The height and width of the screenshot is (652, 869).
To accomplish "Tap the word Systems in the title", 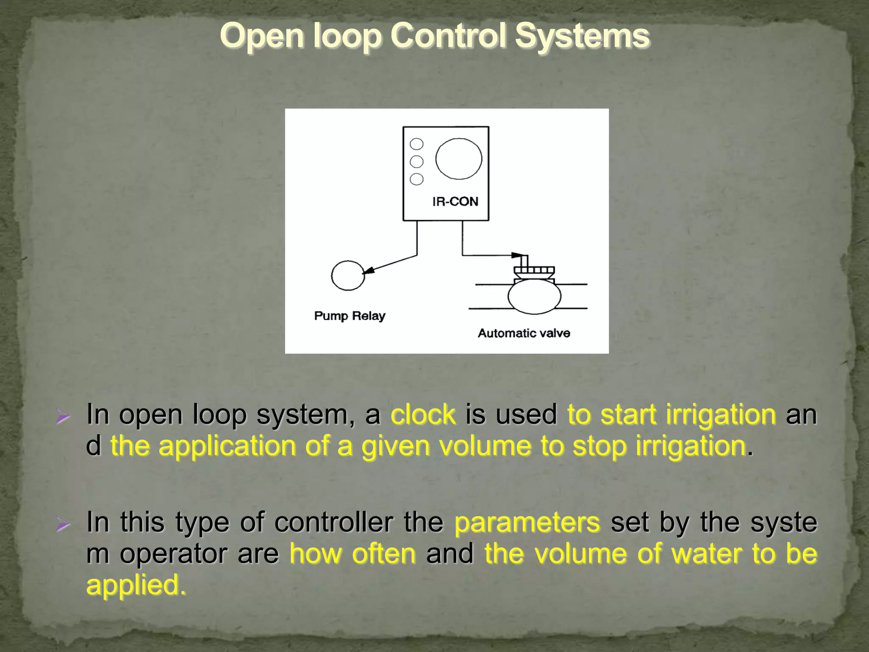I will pos(582,36).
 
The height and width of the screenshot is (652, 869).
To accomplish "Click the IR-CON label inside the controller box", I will pos(455,201).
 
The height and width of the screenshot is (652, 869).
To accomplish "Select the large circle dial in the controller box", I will pos(459,159).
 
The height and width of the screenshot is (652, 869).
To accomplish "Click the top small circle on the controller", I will pos(417,144).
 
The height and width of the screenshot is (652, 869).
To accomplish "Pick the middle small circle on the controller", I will pos(417,162).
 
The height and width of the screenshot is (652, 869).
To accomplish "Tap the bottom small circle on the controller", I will pos(417,179).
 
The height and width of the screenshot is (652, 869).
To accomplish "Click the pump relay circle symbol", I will pos(348,275).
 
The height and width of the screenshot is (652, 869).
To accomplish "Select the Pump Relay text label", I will pos(350,316).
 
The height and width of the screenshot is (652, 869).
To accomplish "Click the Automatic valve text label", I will pos(524,333).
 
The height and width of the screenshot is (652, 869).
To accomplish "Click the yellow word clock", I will pos(423,414).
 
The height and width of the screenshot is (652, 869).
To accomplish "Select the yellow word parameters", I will pos(527,522).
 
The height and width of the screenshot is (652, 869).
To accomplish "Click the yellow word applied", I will pos(136,585).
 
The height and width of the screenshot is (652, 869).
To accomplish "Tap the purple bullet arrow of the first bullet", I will pos(62,416).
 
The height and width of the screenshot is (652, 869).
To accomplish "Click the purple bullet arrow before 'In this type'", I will pos(62,524).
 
